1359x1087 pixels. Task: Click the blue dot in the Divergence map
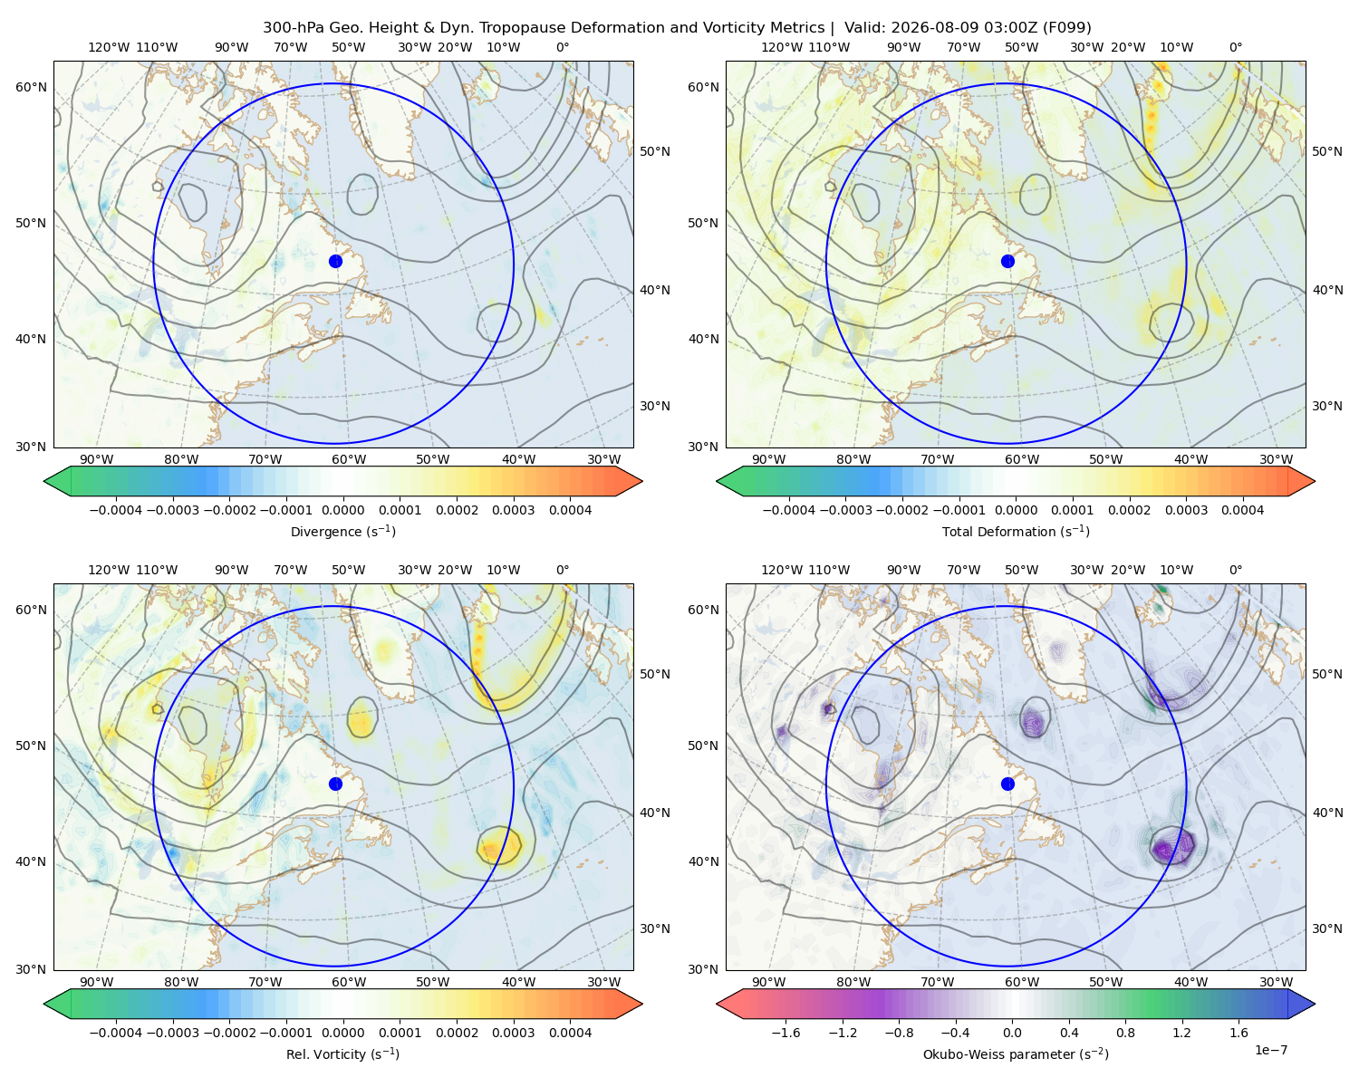(335, 261)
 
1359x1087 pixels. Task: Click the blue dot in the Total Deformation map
(1007, 261)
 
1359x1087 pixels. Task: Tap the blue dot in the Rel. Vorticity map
(335, 784)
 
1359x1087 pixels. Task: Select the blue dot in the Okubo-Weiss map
(1007, 784)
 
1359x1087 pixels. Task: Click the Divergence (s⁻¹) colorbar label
(342, 531)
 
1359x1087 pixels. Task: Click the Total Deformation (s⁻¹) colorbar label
(1016, 531)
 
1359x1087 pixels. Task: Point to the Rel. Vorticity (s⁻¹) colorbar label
(342, 1053)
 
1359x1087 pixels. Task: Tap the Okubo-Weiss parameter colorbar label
(1016, 1053)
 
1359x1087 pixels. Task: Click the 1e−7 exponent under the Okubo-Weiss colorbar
(1270, 1050)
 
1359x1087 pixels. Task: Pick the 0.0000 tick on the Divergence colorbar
(342, 510)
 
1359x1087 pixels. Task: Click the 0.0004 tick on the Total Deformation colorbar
(1242, 510)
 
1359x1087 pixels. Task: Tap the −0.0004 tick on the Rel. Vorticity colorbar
(116, 1032)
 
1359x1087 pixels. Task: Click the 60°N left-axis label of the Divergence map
(31, 87)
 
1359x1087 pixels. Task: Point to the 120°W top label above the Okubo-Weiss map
(781, 569)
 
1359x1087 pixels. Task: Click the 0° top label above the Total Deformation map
(1235, 47)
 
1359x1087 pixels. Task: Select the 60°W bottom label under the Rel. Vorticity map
(349, 982)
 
